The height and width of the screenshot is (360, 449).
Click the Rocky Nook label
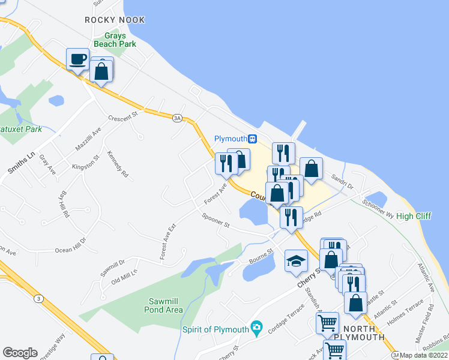point(115,20)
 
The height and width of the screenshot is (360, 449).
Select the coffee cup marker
point(77,59)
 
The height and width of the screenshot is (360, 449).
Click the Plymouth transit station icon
point(253,139)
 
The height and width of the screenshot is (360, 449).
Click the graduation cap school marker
point(296,261)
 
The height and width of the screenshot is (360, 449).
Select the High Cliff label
point(414,216)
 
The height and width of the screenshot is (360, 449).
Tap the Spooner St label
point(216,221)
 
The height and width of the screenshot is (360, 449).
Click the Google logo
point(20,353)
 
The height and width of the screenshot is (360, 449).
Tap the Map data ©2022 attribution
point(424,355)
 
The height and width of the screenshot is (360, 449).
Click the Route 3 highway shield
point(38,298)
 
